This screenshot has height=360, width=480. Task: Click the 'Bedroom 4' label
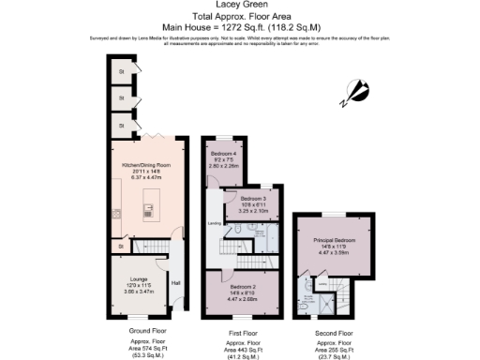[223, 153]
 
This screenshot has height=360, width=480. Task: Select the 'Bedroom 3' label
[252, 199]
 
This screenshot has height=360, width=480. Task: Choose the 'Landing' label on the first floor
[214, 224]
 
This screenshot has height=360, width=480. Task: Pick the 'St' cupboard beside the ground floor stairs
[121, 247]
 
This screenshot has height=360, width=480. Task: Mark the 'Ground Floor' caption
[146, 332]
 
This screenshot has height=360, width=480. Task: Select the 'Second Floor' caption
[333, 332]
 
